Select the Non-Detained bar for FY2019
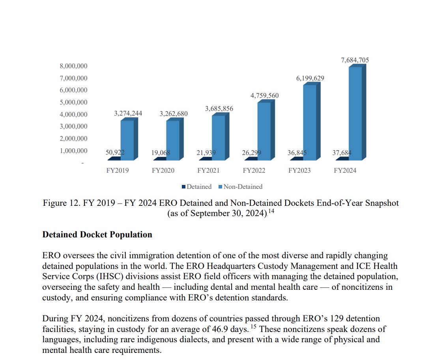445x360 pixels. point(127,140)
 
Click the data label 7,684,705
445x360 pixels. point(355,60)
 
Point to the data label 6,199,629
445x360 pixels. point(310,78)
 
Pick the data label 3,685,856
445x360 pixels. point(219,108)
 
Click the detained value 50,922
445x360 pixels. point(115,153)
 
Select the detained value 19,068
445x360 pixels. point(161,153)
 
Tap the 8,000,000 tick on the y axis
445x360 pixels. point(74,66)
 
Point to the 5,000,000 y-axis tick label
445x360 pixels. point(74,103)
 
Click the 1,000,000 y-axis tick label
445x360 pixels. point(74,151)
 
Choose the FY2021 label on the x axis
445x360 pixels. point(208,171)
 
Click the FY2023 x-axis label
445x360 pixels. point(299,171)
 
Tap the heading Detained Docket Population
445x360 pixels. point(97,235)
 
